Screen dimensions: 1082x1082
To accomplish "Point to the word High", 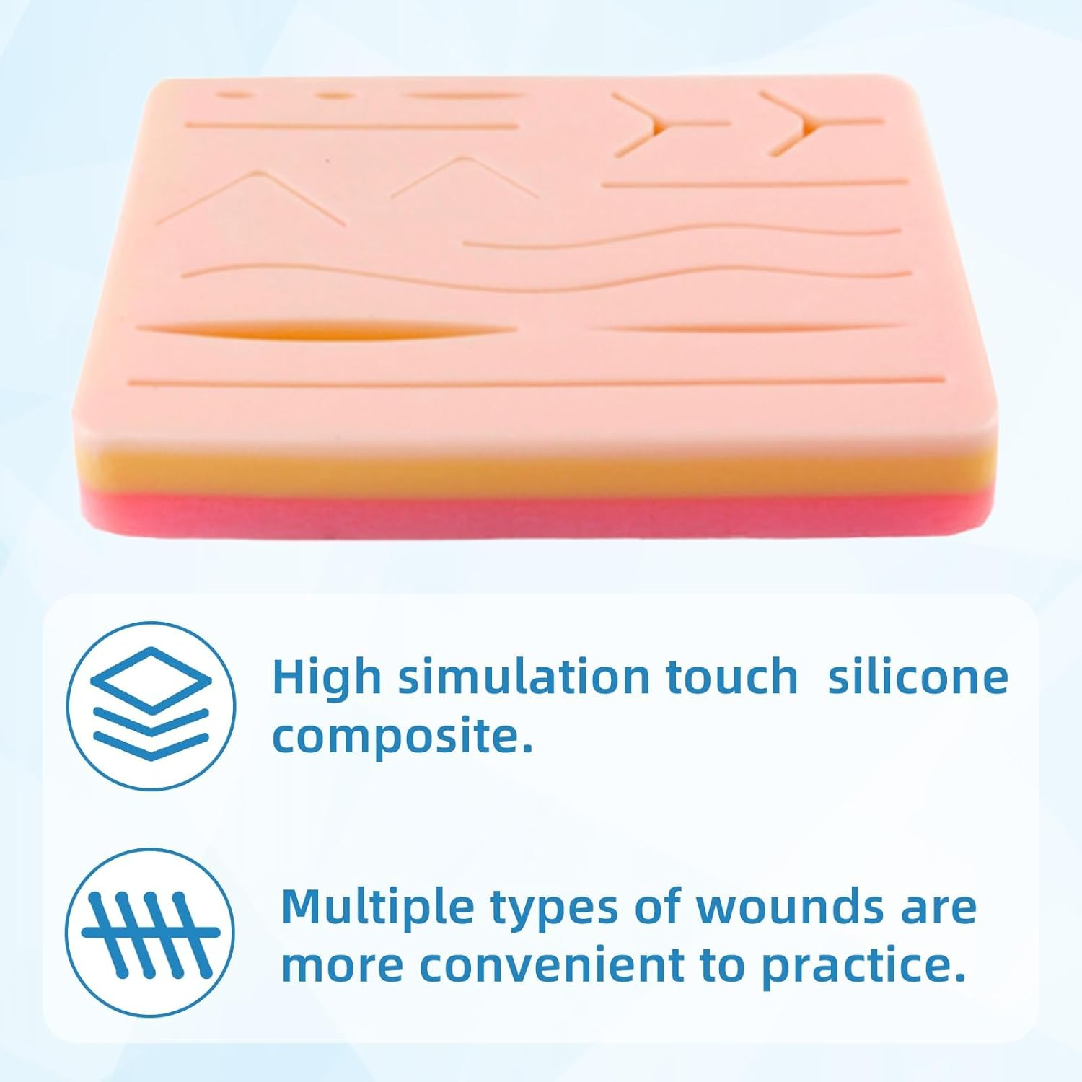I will (325, 678).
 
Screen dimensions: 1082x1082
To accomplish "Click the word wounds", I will (789, 906).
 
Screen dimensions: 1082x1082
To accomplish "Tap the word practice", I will (863, 967).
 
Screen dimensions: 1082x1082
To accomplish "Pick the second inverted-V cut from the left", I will (462, 177).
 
